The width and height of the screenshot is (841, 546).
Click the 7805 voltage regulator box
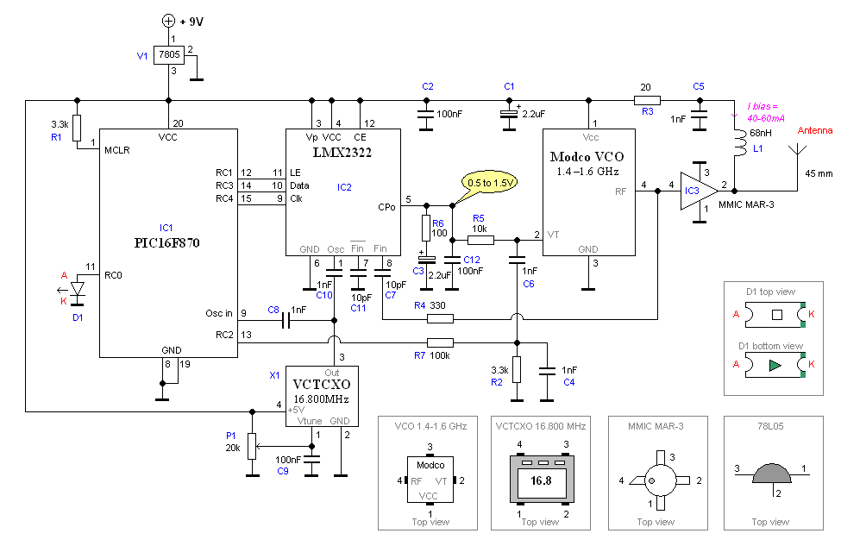click(169, 54)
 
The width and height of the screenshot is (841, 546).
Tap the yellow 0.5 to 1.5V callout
click(490, 183)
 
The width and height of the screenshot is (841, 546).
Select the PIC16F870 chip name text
click(166, 243)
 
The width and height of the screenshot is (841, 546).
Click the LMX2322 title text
click(342, 153)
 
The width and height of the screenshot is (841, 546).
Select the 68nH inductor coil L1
click(741, 141)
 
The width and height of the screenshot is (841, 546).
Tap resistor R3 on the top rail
click(648, 100)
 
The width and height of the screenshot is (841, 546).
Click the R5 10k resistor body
click(480, 241)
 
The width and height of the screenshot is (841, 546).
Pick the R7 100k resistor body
click(440, 342)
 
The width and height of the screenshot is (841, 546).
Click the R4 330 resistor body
click(440, 319)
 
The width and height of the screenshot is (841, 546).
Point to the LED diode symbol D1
click(78, 289)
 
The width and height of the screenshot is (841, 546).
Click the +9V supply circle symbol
click(168, 21)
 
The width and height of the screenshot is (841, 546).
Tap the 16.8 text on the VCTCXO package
click(541, 480)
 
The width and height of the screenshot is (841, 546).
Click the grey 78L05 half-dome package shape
click(771, 473)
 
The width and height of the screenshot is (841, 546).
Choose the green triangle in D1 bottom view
click(775, 365)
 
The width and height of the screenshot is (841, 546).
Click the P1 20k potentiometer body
click(252, 446)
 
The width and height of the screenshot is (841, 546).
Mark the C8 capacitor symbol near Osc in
click(286, 321)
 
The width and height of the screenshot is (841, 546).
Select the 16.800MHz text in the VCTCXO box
click(321, 399)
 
